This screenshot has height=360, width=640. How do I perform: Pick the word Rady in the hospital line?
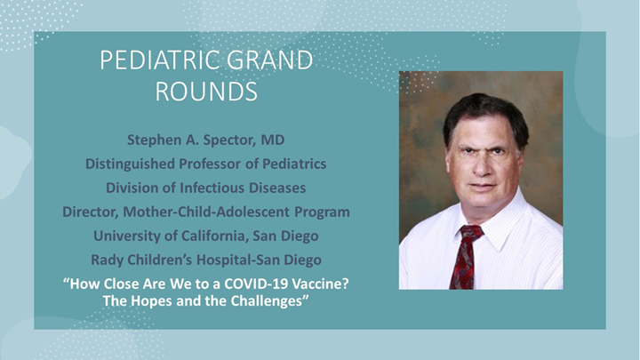108,260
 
